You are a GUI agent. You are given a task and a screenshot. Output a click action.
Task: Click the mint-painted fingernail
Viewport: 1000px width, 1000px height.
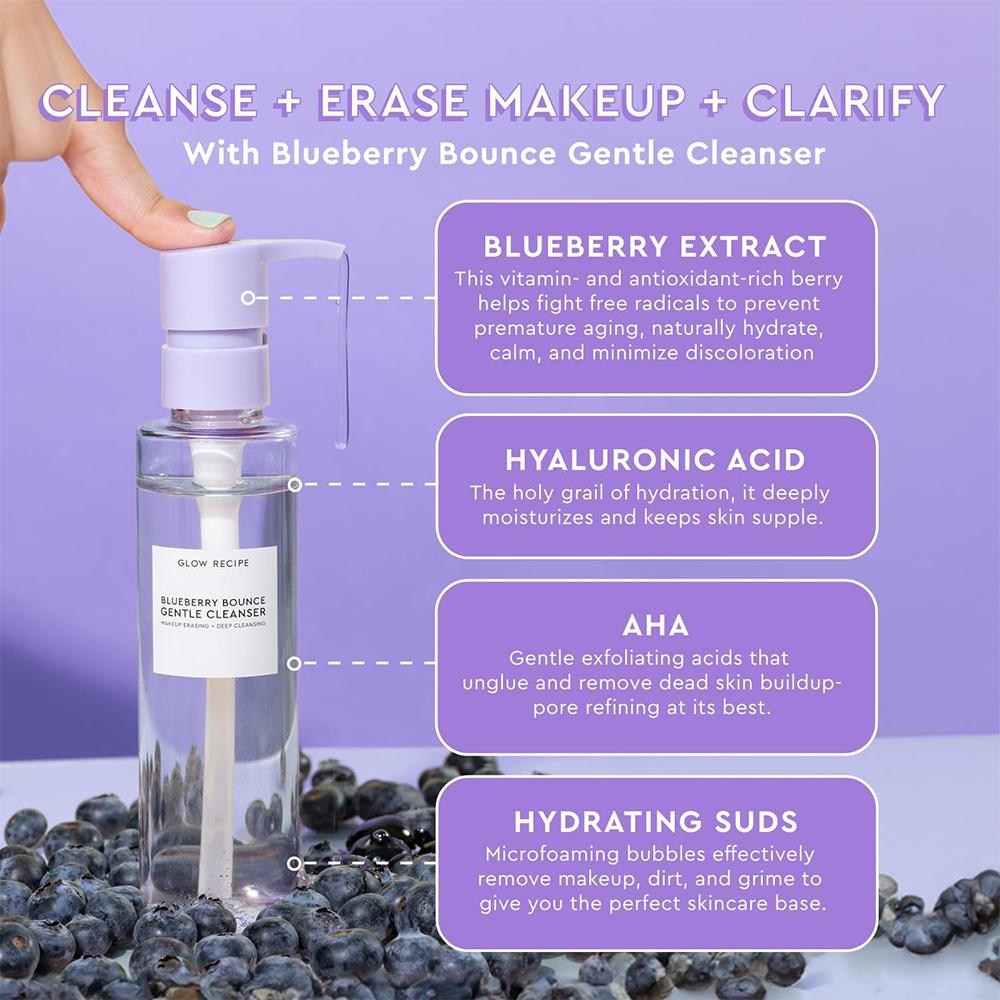[208, 218]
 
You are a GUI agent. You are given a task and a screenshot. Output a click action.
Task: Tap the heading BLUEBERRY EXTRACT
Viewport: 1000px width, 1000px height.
[655, 246]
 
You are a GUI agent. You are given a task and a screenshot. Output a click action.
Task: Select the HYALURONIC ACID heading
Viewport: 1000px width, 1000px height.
[656, 460]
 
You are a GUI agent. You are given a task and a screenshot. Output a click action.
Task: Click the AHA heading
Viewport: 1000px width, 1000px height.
[656, 626]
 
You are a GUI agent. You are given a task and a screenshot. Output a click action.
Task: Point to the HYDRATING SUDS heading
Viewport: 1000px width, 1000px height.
[656, 821]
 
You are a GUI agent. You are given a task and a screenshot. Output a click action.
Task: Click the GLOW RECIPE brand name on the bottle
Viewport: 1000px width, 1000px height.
[213, 563]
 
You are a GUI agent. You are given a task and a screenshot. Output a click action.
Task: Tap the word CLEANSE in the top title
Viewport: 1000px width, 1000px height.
[149, 101]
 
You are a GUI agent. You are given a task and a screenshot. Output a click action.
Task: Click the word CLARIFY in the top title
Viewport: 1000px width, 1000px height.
[844, 101]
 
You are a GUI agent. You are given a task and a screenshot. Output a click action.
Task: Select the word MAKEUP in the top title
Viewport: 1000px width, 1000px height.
[584, 101]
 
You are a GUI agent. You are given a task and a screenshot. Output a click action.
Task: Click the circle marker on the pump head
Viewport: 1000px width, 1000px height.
[248, 298]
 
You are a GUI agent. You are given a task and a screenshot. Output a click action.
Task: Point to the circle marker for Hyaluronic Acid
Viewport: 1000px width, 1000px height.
[295, 485]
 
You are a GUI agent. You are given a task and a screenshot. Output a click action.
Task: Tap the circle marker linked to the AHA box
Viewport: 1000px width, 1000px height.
[294, 664]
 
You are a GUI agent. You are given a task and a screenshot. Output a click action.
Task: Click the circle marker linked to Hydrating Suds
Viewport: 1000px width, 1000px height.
[294, 864]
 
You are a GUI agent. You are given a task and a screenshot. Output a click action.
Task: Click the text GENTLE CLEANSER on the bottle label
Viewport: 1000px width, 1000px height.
[213, 613]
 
